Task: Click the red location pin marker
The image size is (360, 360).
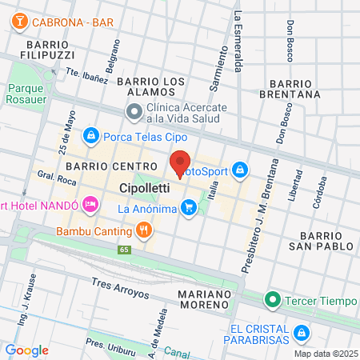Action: [x=180, y=163]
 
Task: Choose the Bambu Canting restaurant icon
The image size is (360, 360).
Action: [x=144, y=232]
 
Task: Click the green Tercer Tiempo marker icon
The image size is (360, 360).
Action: [x=273, y=300]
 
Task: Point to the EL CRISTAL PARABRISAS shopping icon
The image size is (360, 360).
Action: [x=301, y=331]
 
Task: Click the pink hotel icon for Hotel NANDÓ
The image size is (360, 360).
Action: [x=90, y=206]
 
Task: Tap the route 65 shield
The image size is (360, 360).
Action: [x=124, y=250]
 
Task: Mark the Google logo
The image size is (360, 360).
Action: [x=27, y=350]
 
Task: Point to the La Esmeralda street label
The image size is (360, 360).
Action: [x=238, y=40]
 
